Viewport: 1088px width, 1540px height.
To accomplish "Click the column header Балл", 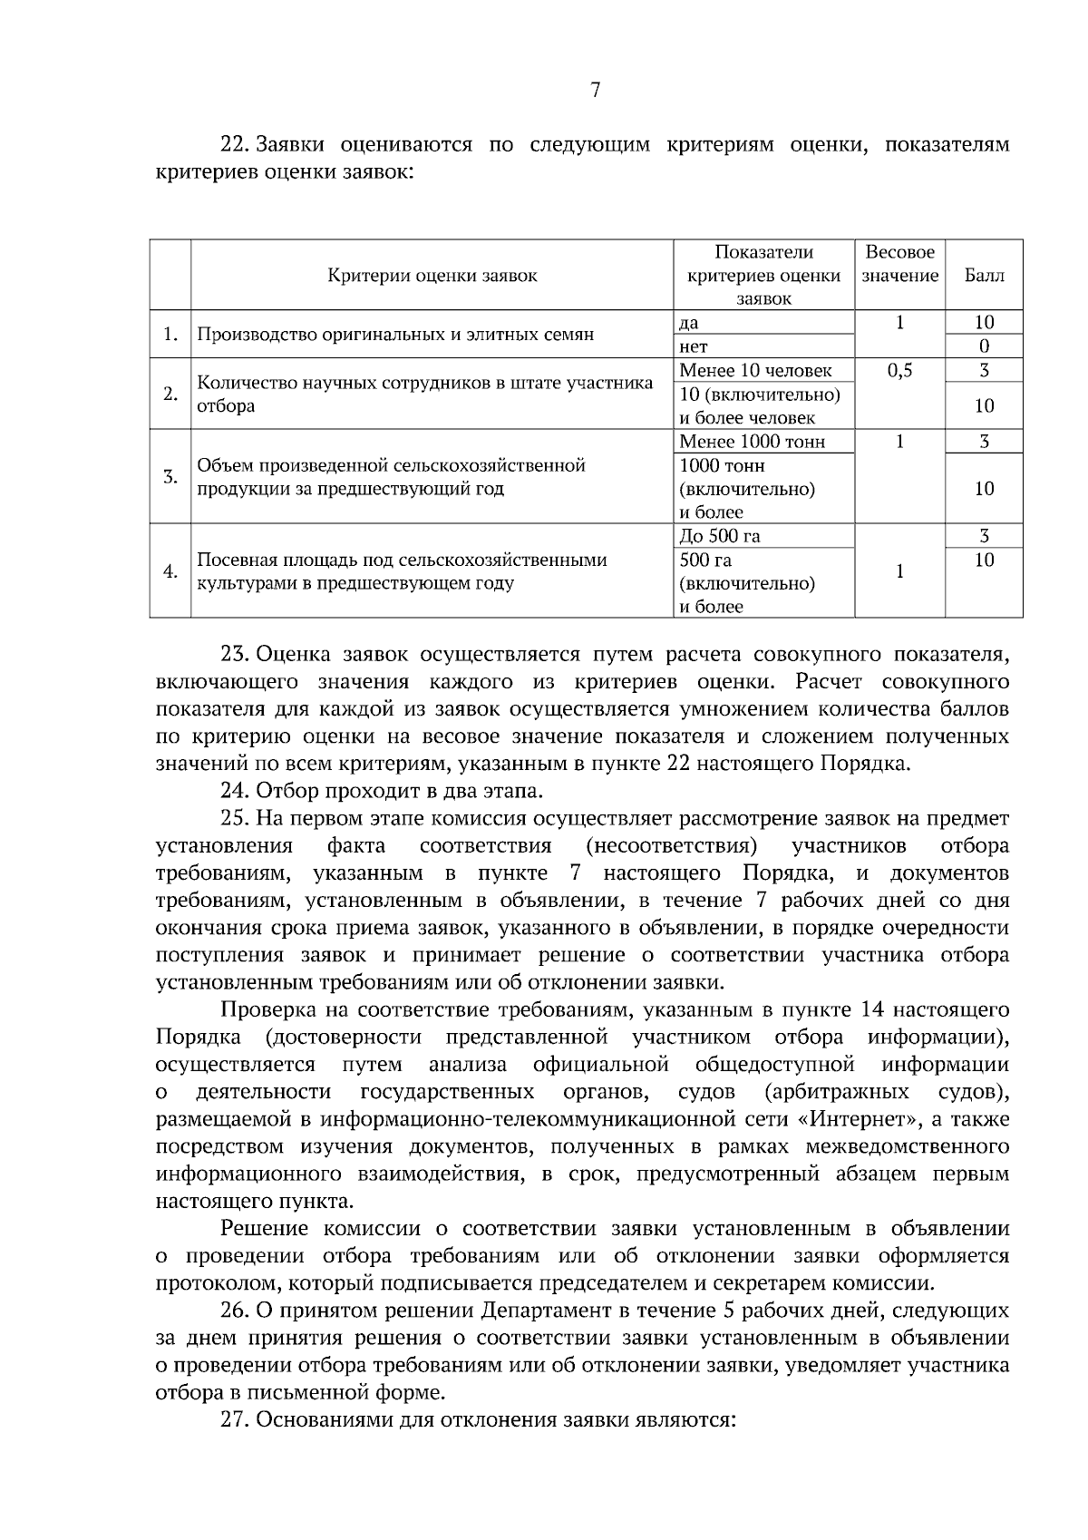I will tap(984, 276).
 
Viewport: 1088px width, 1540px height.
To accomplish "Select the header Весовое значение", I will tap(899, 264).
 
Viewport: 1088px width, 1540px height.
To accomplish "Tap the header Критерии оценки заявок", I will tap(432, 276).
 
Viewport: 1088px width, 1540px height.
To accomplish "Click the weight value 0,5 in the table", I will tap(899, 370).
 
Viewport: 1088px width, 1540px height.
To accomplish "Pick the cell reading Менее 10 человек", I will tap(754, 370).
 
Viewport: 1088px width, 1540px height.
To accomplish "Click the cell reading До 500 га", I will tap(720, 536).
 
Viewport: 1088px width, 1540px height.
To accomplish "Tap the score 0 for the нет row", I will tap(984, 346).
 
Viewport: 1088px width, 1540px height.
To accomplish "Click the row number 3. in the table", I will tap(170, 477).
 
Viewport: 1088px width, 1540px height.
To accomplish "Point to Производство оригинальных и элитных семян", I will tap(395, 335).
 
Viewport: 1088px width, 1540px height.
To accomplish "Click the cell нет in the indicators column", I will tap(694, 346).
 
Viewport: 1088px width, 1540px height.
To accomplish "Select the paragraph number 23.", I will tap(236, 654).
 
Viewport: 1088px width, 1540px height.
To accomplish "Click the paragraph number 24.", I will tap(236, 791).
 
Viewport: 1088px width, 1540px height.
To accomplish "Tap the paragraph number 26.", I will tap(236, 1311).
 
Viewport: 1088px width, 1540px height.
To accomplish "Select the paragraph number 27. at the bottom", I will tap(236, 1420).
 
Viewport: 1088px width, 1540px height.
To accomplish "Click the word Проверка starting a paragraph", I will tap(263, 1010).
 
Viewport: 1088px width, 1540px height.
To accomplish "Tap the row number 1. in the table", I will tap(170, 335).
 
